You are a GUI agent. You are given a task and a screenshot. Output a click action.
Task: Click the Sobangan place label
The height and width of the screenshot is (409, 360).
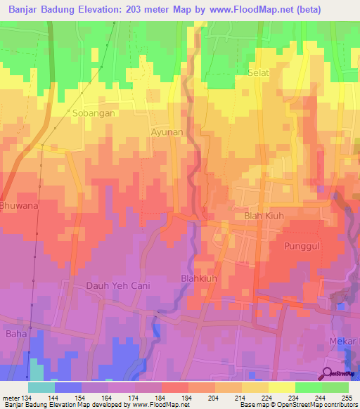click(x=94, y=112)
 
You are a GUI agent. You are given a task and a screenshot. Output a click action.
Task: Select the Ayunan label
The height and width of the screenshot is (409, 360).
click(x=167, y=131)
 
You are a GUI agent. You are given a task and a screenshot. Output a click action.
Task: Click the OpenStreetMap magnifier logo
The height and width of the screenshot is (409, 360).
click(x=327, y=373)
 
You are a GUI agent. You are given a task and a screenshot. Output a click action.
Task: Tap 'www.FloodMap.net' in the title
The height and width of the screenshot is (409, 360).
click(x=252, y=11)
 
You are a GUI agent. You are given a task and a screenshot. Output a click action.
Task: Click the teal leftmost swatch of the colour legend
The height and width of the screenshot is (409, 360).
click(x=41, y=387)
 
